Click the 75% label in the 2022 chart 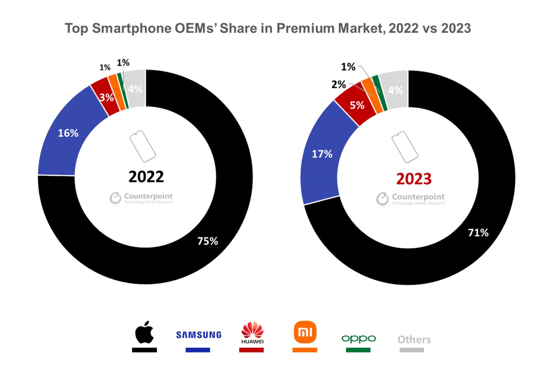pos(207,241)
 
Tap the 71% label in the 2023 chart pos(478,233)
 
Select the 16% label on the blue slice pos(68,133)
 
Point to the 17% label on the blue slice pos(322,154)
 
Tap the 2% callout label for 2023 pos(338,84)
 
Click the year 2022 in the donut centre pos(146,176)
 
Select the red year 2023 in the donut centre pos(414,179)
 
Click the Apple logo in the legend pos(144,332)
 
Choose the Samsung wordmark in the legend pos(199,335)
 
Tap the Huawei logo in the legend pos(252,333)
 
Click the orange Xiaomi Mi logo pos(305,332)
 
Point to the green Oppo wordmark pos(358,339)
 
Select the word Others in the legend pos(414,340)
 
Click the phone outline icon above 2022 pos(143,146)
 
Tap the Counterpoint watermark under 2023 pos(410,199)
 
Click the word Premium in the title pos(306,28)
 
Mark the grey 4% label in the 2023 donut pos(395,90)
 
